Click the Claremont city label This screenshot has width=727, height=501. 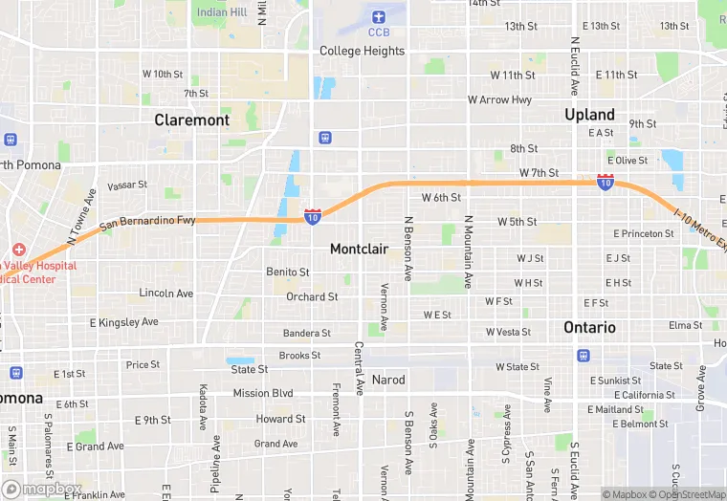pos(192,120)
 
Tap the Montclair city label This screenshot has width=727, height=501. pos(359,249)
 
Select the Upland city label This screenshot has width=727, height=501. pos(589,115)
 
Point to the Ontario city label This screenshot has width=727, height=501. pos(589,327)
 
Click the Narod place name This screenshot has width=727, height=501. pos(388,379)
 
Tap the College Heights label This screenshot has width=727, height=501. pos(362,51)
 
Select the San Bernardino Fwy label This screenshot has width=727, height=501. pos(147,221)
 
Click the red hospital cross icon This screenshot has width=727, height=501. pos(19,250)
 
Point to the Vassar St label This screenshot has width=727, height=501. pos(127,185)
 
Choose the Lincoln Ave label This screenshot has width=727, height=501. pos(165,293)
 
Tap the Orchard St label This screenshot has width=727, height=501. pos(312,296)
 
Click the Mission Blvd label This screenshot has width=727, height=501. pos(263,393)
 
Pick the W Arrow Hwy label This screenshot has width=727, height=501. pos(499,99)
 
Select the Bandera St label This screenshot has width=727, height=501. pos(306,333)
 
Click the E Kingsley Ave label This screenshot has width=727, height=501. pos(123,322)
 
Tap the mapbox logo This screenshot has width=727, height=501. pos(42,489)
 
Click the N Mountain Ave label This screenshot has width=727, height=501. pos(469,251)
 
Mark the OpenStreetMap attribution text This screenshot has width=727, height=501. pos(689,494)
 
